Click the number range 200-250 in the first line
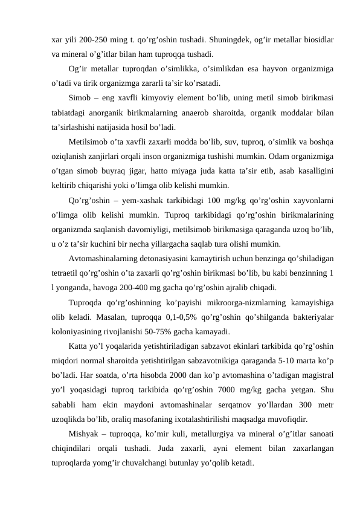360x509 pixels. click(x=97, y=41)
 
